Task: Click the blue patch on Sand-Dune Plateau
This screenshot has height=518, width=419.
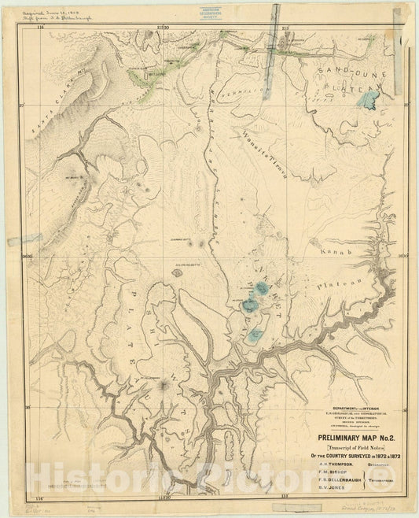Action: pyautogui.click(x=373, y=101)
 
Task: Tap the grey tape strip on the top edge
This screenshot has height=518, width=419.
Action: pyautogui.click(x=275, y=24)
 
